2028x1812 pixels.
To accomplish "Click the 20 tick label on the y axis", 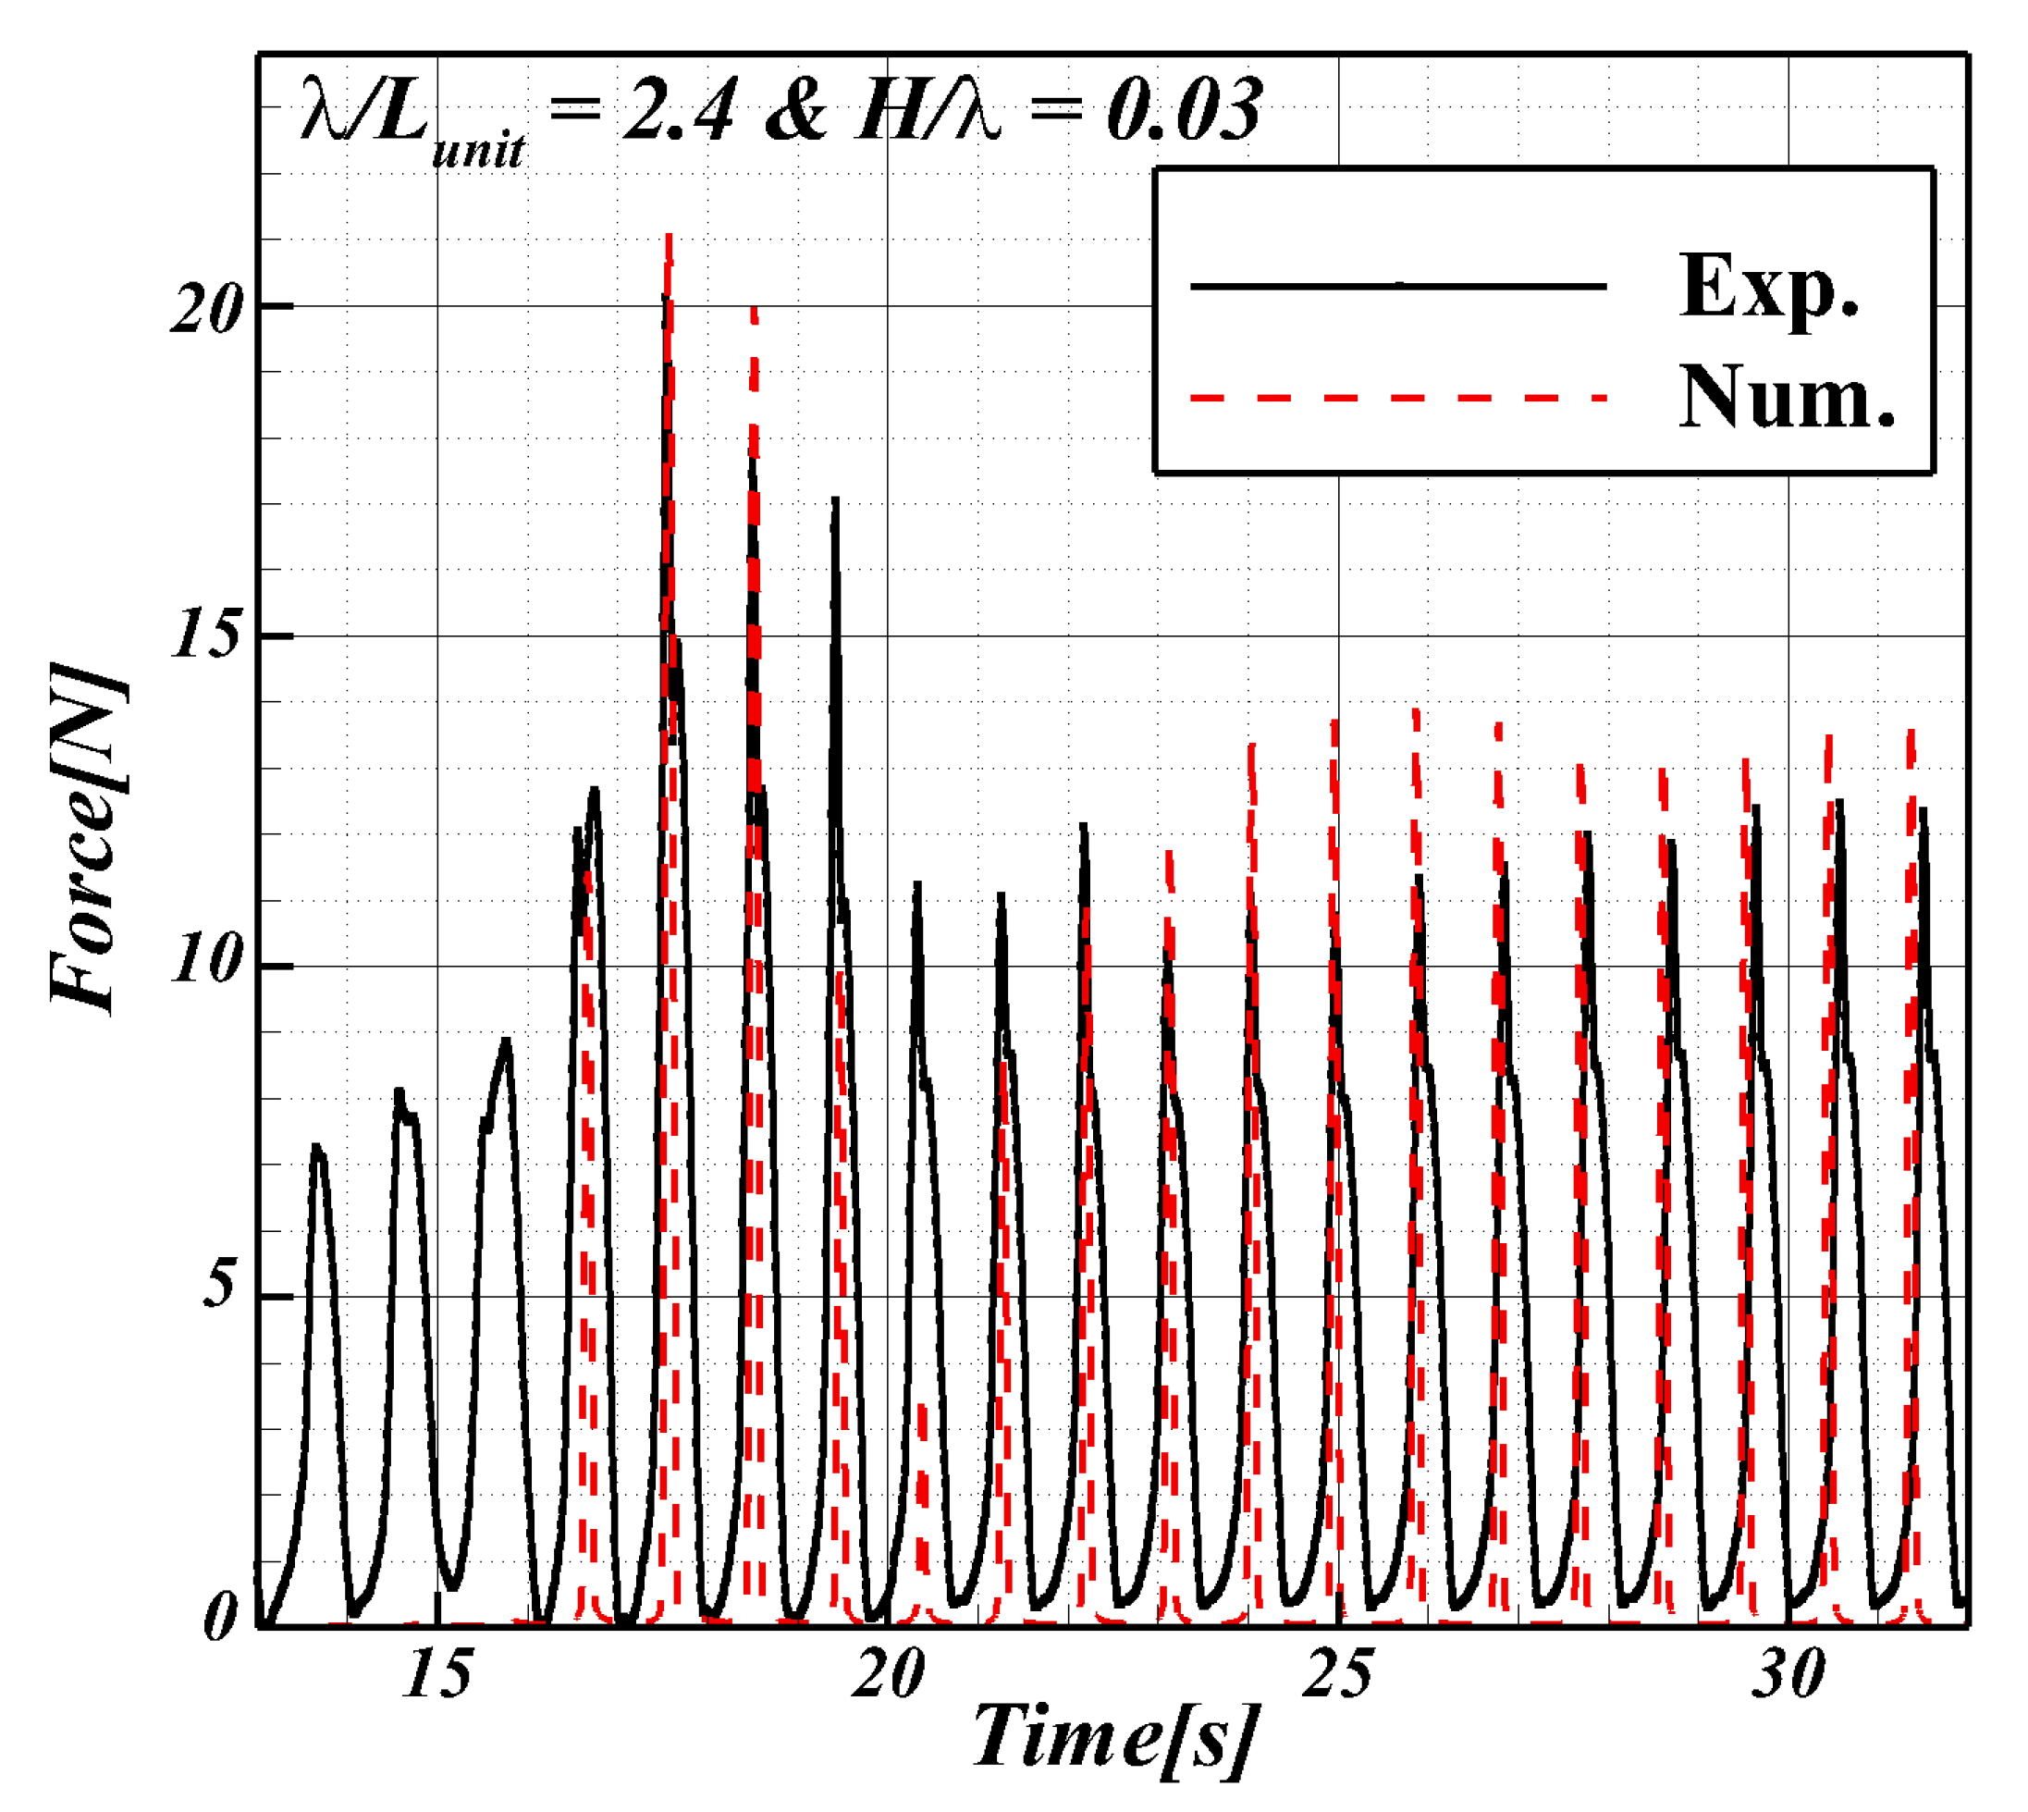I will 206,310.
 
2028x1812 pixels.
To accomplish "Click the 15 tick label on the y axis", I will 206,635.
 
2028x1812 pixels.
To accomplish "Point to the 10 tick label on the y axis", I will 206,962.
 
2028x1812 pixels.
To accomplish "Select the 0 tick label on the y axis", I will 221,1618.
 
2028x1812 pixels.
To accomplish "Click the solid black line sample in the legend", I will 1398,287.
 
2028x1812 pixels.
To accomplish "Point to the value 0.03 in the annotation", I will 1185,109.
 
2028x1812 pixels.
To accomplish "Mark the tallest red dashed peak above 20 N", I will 669,239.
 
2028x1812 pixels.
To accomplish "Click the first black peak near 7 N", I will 317,1150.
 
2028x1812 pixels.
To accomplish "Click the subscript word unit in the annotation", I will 479,152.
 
